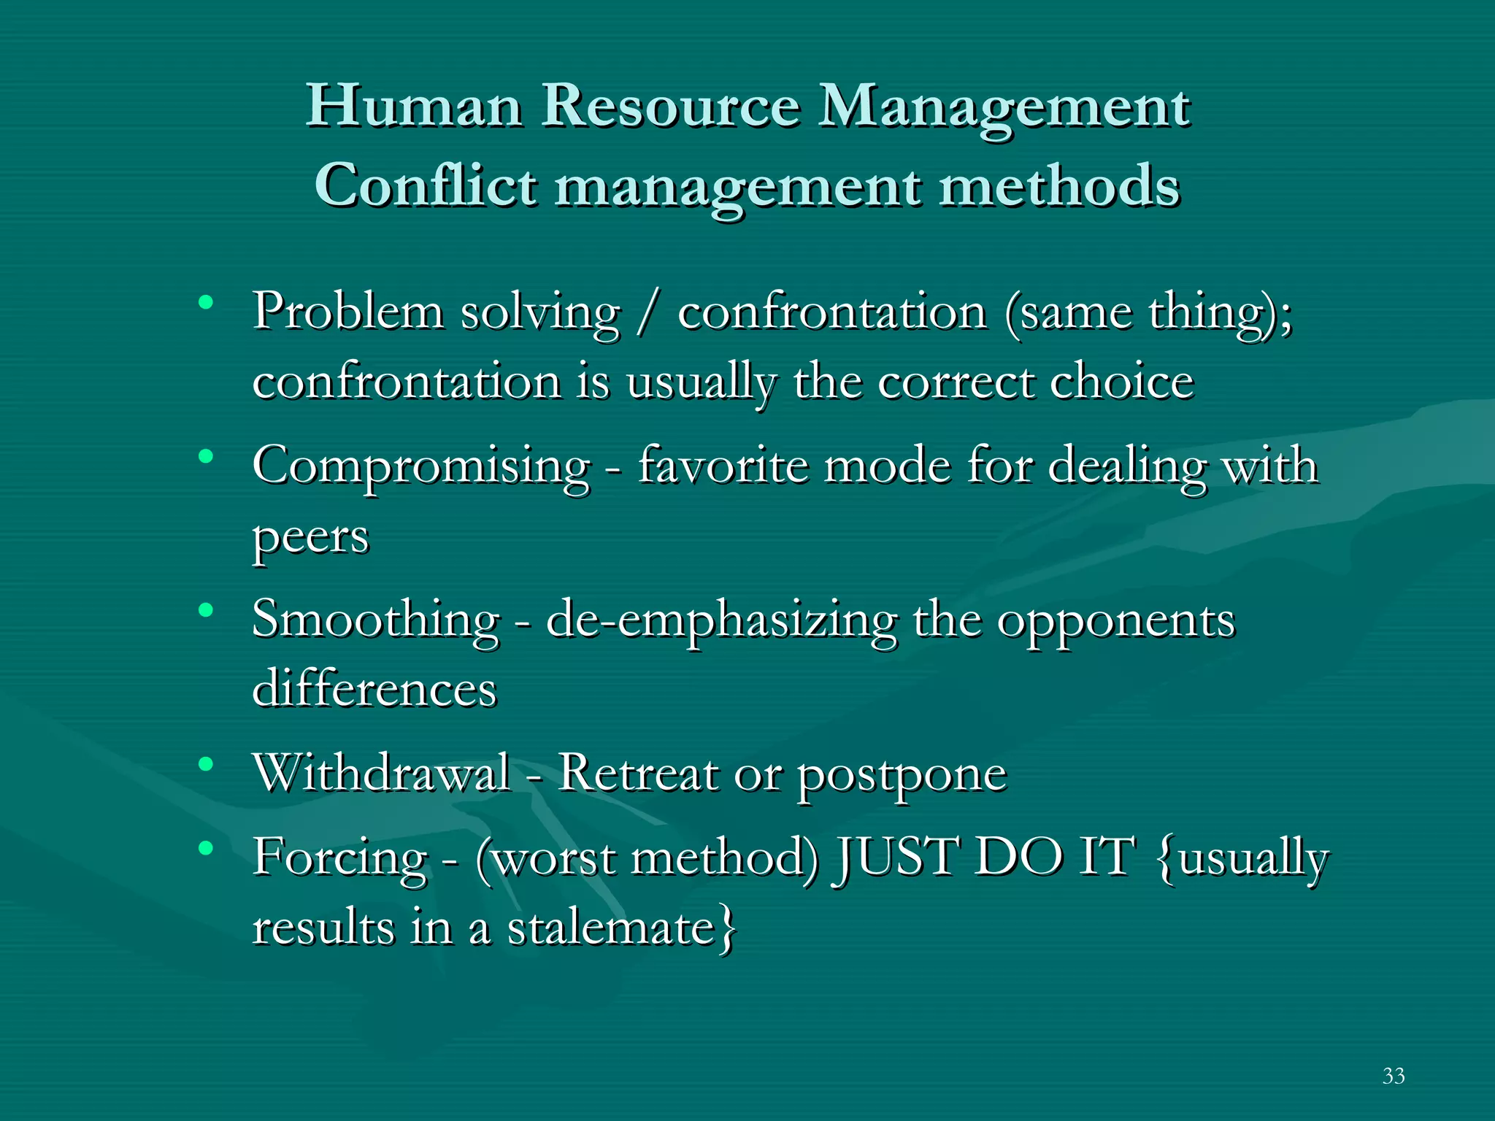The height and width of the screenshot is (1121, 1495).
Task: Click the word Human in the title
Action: [x=414, y=107]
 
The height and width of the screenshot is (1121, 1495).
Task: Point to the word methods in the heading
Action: [x=1058, y=185]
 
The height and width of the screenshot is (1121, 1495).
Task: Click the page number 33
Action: [x=1393, y=1076]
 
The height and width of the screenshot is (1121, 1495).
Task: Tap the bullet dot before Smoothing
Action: [x=207, y=609]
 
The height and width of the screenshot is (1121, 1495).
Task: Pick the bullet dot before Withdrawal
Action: [x=207, y=764]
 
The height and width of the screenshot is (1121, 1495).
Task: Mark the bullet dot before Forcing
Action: [x=207, y=847]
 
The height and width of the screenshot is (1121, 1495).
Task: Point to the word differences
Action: [x=374, y=689]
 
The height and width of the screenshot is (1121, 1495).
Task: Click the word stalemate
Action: [x=610, y=928]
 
